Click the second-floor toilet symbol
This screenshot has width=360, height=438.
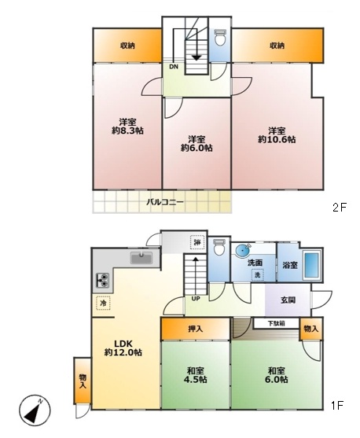[220, 38]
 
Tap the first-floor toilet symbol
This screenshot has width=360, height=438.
[219, 247]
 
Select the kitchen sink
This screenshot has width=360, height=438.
[141, 258]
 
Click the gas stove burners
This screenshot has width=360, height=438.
[102, 281]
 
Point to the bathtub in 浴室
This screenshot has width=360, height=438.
[311, 266]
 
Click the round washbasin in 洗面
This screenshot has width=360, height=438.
[242, 251]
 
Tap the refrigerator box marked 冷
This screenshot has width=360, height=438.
[103, 303]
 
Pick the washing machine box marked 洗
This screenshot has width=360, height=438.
[257, 274]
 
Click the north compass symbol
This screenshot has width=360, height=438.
[35, 410]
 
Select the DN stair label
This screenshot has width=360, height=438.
[174, 67]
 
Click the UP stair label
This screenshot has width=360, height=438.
[196, 299]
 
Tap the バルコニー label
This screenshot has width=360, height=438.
[165, 202]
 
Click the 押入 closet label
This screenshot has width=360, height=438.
[195, 329]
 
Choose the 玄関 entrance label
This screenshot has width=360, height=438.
[288, 300]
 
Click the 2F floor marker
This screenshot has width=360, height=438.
[340, 208]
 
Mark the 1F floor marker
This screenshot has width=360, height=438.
[337, 405]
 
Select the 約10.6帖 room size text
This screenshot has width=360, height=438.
[277, 139]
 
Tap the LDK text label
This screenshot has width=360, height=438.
[123, 344]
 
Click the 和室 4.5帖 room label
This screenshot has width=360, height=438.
[195, 375]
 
